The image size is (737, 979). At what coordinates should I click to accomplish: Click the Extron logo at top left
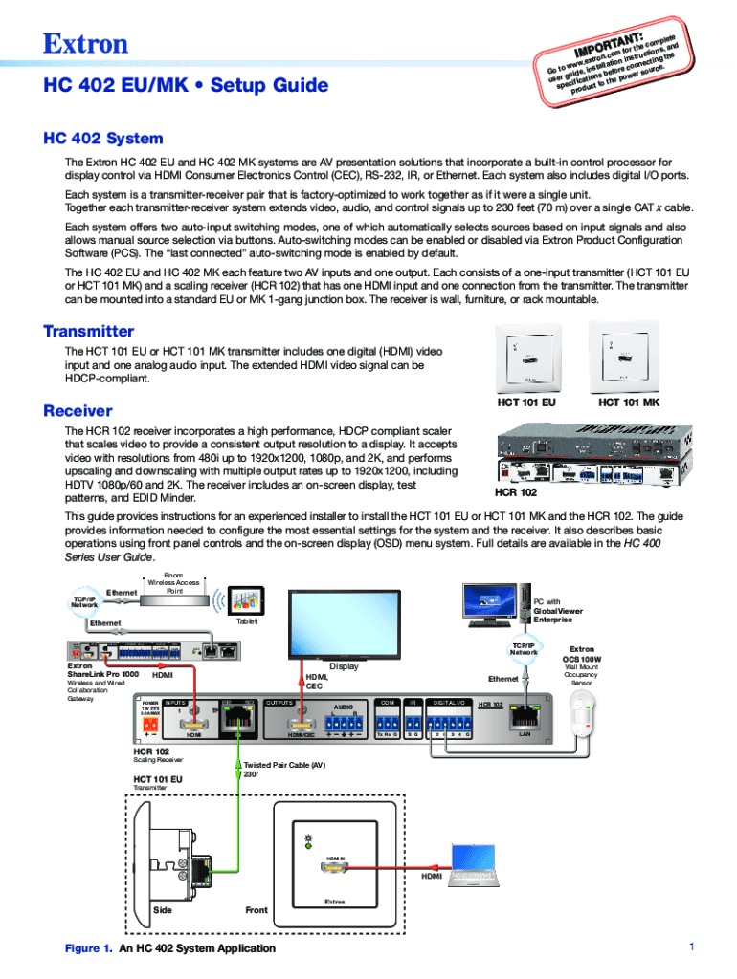click(85, 43)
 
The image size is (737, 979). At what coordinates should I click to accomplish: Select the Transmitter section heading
click(89, 331)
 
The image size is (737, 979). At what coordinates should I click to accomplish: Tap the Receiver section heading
click(78, 411)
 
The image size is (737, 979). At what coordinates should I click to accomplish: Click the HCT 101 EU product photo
click(526, 362)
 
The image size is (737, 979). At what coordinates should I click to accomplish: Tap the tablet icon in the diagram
click(247, 602)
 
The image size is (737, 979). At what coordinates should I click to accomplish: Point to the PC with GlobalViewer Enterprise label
click(557, 610)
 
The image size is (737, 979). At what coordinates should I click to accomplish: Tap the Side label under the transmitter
click(163, 910)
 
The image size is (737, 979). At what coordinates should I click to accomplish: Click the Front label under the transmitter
click(256, 910)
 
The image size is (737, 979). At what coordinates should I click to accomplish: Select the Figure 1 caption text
click(169, 948)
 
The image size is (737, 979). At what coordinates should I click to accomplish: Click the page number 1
click(689, 946)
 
